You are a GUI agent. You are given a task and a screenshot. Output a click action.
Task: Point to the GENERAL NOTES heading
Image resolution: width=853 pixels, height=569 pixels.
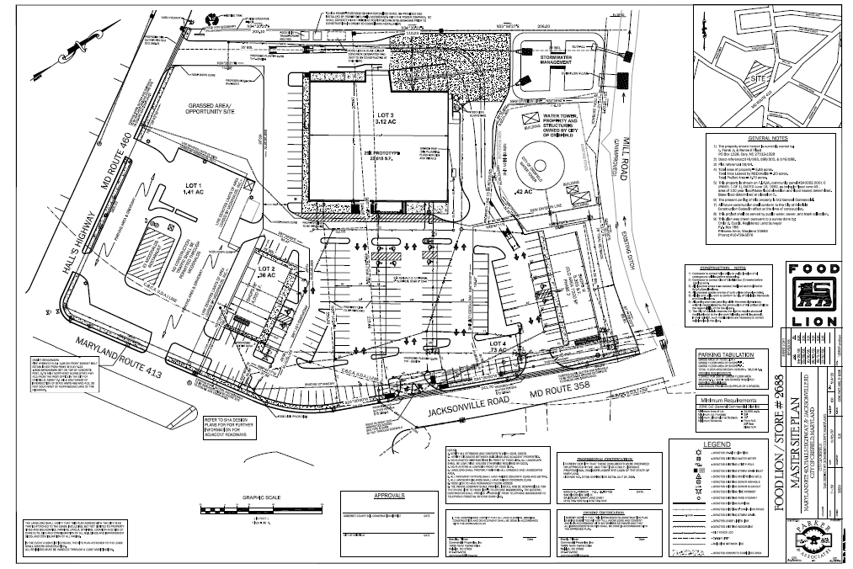point(767,136)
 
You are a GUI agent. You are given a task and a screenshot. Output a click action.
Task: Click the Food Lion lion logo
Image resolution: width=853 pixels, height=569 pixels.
point(813,300)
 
